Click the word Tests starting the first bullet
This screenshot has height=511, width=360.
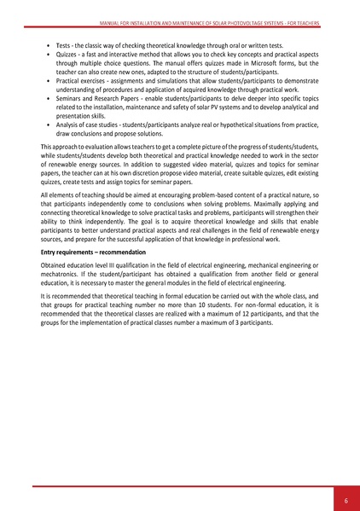[x=65, y=42]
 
